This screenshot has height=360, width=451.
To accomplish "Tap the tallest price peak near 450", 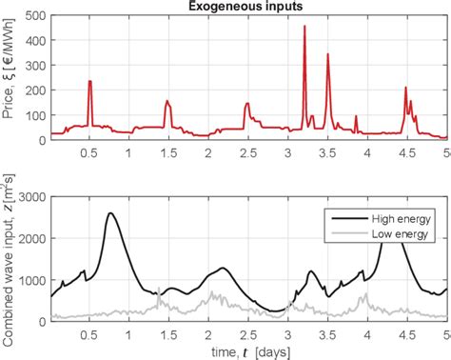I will (x=304, y=28).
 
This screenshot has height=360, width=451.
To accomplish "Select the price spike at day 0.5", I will (x=89, y=82).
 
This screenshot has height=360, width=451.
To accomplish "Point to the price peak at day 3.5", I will (x=328, y=55).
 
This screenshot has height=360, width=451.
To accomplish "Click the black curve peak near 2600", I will (x=110, y=213).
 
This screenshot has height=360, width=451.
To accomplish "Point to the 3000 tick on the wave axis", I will (x=30, y=196).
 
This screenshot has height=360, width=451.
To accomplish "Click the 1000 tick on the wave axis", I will (x=30, y=280).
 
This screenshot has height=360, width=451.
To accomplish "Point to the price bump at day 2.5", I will (x=247, y=104).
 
